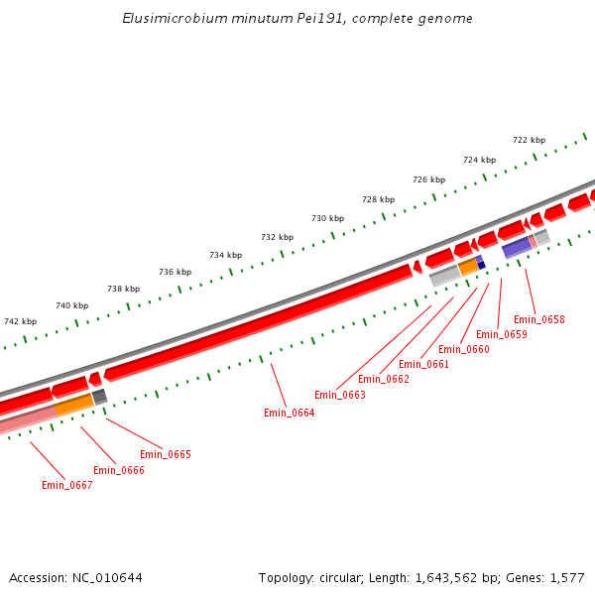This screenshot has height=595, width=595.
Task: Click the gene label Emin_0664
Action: coord(289,413)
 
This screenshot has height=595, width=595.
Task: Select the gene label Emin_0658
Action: coord(539,319)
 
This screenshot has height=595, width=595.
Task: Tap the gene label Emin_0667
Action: coord(66,485)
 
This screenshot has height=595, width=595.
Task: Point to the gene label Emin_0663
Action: coord(340,395)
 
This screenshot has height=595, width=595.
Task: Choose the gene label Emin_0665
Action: coord(165,454)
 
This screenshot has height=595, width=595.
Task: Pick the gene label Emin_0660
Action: coord(464,349)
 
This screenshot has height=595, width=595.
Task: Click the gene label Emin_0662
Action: coord(384,379)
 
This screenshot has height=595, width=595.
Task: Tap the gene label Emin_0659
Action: coord(502,334)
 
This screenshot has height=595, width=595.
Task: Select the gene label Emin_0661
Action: coord(424,364)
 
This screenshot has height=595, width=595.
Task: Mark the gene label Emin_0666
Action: coord(119,470)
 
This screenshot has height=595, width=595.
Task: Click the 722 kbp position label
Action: coord(529,140)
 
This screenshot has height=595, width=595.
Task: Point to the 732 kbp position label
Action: coord(277,237)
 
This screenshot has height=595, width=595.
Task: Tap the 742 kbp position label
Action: coord(20,321)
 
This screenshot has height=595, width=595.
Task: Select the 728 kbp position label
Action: coord(378,198)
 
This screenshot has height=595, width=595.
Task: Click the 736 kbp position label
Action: coord(175,272)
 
